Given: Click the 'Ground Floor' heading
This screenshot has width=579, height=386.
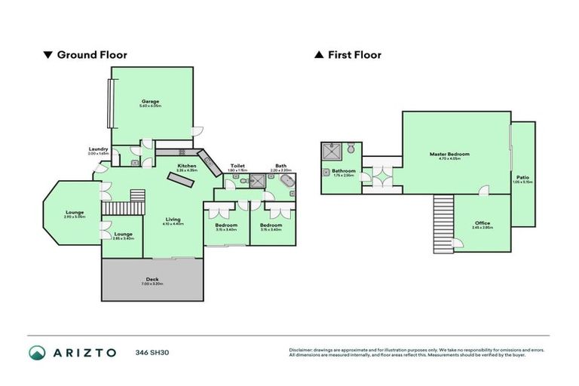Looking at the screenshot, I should [x=91, y=55].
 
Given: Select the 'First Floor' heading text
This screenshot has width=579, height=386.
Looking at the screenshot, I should [x=354, y=55].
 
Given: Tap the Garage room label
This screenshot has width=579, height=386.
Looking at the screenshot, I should [x=150, y=102].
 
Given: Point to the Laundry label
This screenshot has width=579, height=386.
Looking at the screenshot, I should [x=98, y=149].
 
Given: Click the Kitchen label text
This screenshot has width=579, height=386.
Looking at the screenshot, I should [x=186, y=166].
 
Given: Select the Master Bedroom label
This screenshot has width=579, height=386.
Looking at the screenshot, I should [x=449, y=155].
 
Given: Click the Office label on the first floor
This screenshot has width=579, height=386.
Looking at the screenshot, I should [x=482, y=222].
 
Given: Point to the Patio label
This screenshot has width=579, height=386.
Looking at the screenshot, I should [x=522, y=177].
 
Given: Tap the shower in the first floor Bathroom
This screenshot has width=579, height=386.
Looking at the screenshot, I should [x=329, y=151].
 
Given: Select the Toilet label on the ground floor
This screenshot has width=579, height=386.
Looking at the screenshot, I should [x=237, y=166].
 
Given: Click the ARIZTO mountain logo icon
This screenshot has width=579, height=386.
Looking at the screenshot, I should [x=38, y=353].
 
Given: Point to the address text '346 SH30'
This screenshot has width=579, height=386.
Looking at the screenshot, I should [x=149, y=353].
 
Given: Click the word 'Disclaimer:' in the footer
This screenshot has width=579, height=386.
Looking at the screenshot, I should [x=301, y=350].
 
